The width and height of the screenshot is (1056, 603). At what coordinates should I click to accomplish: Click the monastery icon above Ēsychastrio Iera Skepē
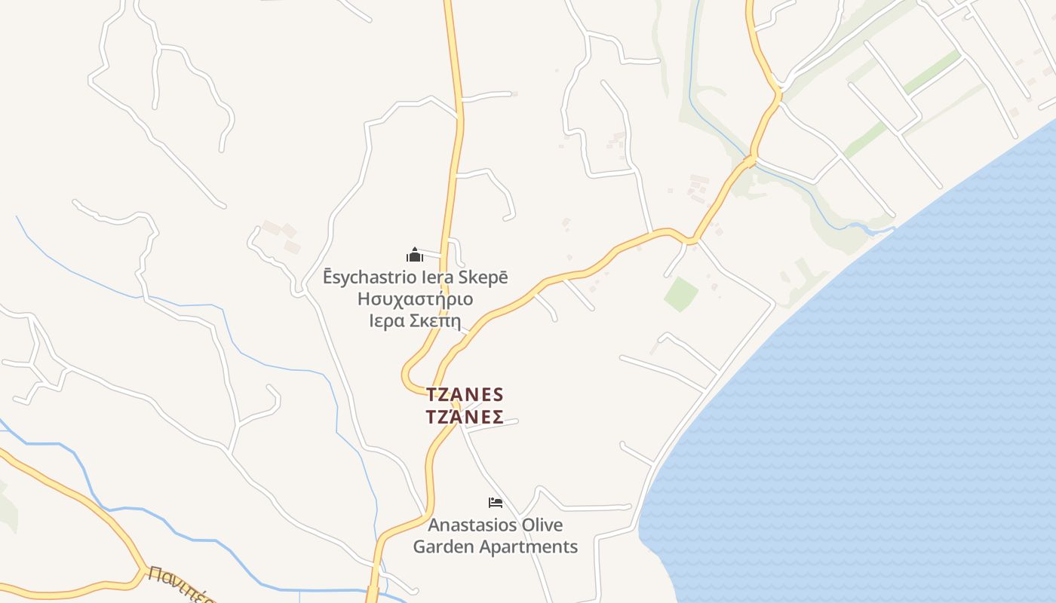(415, 255)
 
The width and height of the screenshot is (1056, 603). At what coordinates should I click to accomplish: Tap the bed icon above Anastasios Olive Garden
(496, 503)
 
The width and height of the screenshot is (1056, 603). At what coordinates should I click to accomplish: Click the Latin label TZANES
(465, 394)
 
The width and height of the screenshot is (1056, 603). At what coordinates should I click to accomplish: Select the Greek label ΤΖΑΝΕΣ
(465, 417)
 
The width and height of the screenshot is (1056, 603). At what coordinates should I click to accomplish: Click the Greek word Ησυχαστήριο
(416, 299)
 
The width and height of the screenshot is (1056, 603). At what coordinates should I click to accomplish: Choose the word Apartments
(532, 546)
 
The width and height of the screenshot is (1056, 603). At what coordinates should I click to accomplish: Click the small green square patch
(681, 294)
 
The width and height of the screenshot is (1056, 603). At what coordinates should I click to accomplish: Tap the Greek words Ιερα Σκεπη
(415, 320)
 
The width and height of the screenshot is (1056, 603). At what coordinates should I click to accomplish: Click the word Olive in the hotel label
(542, 525)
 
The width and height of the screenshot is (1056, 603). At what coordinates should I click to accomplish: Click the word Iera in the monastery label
(436, 277)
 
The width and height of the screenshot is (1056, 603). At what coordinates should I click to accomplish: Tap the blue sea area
(867, 415)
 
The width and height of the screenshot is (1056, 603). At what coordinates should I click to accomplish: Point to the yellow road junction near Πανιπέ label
(141, 567)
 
